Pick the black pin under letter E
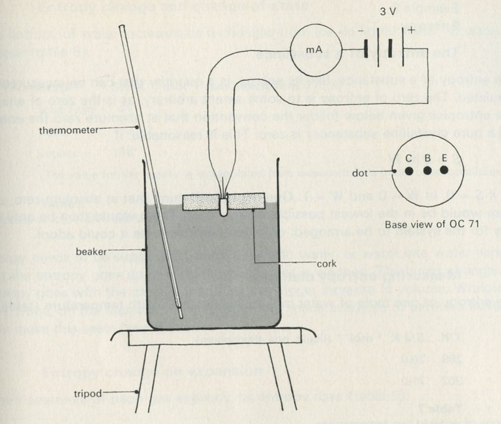click(x=444, y=171)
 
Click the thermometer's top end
click(x=121, y=27)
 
